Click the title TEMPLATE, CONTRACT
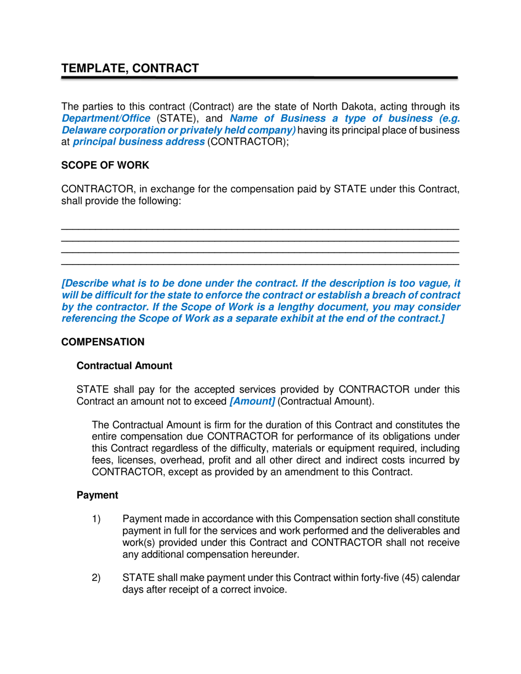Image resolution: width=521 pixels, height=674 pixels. click(129, 68)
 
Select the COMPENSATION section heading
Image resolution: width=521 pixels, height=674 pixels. click(103, 342)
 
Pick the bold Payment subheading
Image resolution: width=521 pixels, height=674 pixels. click(97, 495)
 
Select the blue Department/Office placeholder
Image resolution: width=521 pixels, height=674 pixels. click(105, 118)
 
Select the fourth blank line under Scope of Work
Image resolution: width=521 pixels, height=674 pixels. click(259, 265)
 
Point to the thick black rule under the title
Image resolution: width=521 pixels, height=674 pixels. click(259, 79)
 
